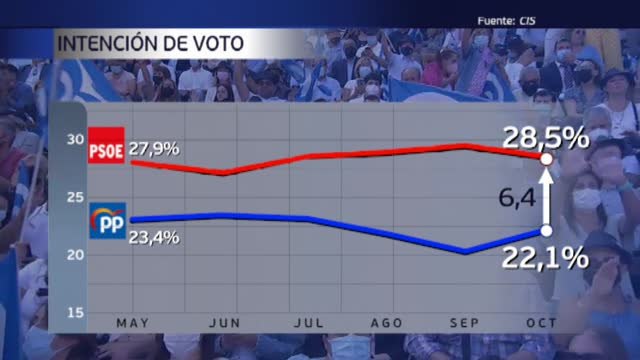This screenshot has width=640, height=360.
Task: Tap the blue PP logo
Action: (x=107, y=222)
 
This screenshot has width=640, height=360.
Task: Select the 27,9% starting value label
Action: (x=155, y=148)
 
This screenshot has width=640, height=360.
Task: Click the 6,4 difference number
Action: (x=517, y=200)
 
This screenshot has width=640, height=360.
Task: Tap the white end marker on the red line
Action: (x=546, y=158)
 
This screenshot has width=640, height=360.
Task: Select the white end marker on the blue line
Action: (x=546, y=231)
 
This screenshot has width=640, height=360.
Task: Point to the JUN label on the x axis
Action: (x=226, y=323)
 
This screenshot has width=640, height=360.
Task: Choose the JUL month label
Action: (x=307, y=323)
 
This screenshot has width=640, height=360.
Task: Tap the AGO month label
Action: (x=386, y=323)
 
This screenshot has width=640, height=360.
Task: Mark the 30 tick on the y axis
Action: (x=74, y=139)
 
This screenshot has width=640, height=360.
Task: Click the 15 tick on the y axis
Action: (x=74, y=313)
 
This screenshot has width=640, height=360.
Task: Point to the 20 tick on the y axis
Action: (x=74, y=255)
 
